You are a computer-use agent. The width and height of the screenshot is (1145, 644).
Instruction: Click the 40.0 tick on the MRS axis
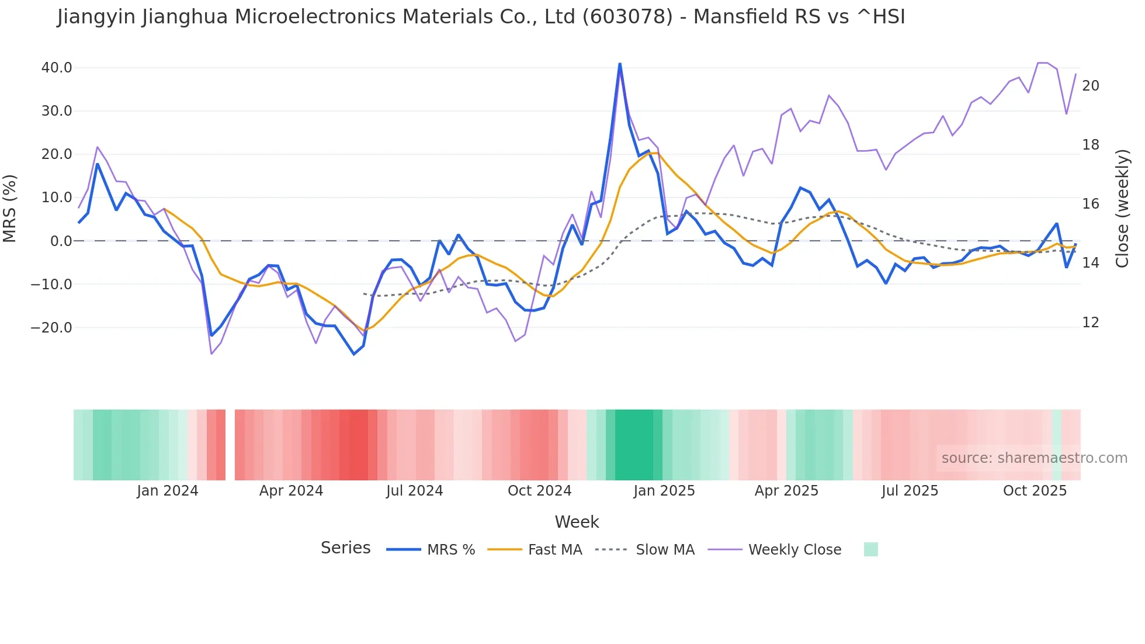(56, 68)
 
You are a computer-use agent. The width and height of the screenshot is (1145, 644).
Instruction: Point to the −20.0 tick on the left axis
(51, 328)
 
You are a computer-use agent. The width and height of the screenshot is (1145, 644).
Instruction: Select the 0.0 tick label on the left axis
(61, 241)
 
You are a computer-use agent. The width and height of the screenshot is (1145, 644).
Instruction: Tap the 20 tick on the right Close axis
(1090, 86)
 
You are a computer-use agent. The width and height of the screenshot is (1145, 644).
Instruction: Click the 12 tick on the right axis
(1090, 323)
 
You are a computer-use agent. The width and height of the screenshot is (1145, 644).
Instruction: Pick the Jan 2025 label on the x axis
(664, 491)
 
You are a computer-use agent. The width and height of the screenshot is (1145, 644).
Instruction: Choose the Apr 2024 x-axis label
(291, 491)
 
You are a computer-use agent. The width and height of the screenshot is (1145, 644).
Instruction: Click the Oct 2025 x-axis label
(1035, 491)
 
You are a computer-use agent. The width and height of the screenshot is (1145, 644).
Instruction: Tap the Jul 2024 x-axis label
(414, 491)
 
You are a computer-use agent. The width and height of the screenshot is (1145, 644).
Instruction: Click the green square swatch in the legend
(870, 549)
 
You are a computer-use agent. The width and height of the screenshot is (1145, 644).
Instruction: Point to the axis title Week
(577, 522)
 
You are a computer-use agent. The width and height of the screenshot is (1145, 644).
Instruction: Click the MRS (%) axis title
(10, 208)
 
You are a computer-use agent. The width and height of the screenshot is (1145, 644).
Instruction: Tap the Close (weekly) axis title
(1122, 208)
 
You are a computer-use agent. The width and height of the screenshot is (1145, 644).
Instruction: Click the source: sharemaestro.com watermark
(1034, 458)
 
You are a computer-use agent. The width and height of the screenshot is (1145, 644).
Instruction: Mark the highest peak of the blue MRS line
(620, 64)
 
